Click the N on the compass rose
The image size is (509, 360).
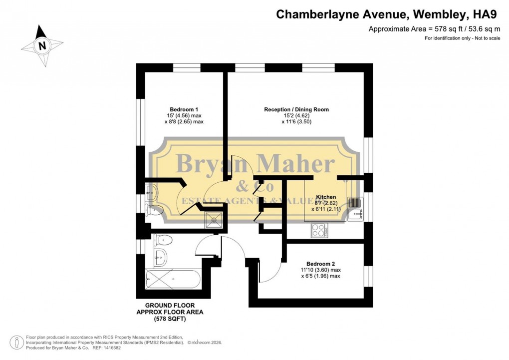point(42,46)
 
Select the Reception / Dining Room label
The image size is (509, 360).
point(296,109)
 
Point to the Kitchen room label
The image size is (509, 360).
point(326,197)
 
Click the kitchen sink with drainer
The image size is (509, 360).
point(355,210)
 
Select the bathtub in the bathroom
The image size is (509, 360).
point(172,279)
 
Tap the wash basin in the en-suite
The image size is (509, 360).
point(150,191)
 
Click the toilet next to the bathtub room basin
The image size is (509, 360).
point(163,241)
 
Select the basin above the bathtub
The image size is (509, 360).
point(161,257)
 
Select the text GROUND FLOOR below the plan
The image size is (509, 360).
point(170,305)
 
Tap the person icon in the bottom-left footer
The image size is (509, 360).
point(17,343)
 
